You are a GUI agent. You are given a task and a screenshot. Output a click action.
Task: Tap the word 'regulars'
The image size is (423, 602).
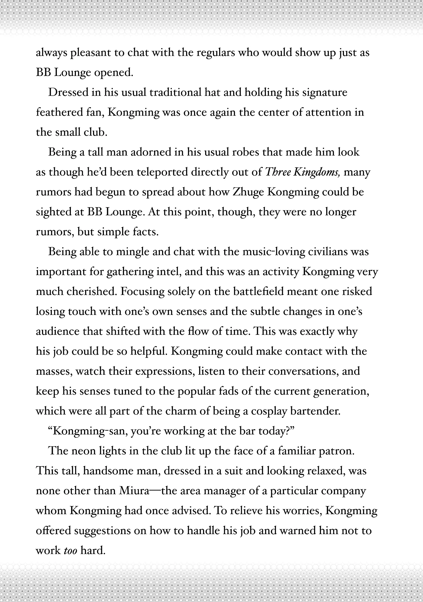pos(215,53)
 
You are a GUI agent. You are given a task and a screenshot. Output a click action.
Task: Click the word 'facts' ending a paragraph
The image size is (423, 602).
pos(145,232)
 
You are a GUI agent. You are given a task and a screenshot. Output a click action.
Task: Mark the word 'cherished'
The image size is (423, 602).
pos(90,292)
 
